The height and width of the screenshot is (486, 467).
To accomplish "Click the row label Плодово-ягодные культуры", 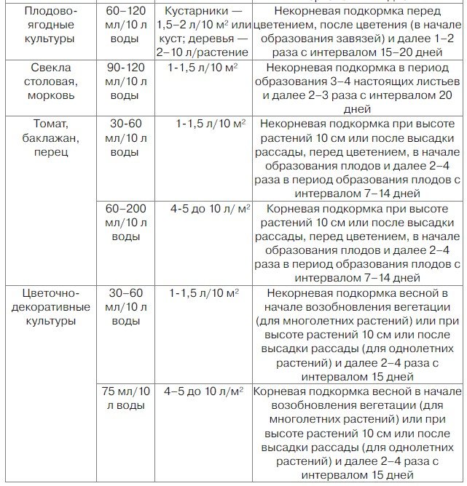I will (x=49, y=25).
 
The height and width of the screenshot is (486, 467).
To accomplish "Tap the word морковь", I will (x=49, y=95).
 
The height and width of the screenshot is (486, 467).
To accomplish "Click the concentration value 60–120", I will (x=125, y=12).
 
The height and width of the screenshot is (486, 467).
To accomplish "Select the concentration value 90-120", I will (x=125, y=68).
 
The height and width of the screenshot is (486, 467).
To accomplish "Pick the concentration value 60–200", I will (x=125, y=209).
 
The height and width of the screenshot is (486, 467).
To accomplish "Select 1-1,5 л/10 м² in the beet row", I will (x=205, y=68).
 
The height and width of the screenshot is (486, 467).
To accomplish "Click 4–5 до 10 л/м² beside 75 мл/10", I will (x=203, y=391).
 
